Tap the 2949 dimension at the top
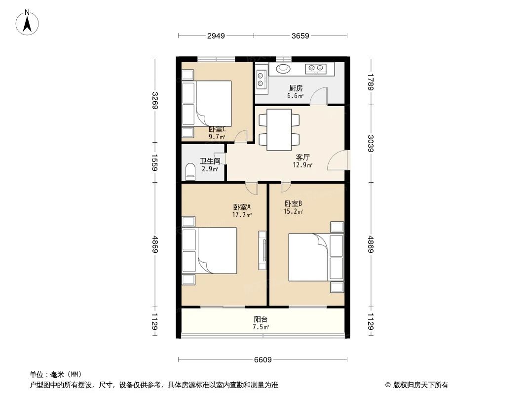click(x=216, y=36)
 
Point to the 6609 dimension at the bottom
click(x=263, y=359)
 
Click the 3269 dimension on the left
click(x=155, y=101)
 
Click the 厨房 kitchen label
click(x=296, y=88)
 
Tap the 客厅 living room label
click(x=302, y=157)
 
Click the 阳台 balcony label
click(x=261, y=319)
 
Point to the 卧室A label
click(x=242, y=207)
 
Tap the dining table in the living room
click(x=279, y=129)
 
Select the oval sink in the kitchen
click(x=284, y=69)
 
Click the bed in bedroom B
click(x=309, y=257)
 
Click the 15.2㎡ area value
click(x=293, y=212)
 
